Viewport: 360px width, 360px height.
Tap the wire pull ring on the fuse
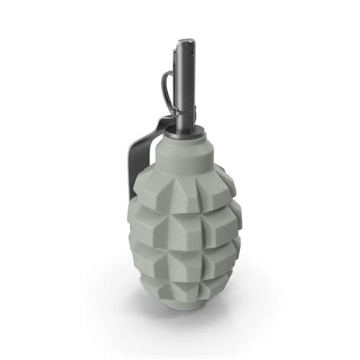click(x=166, y=84)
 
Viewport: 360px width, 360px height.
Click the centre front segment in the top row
click(x=182, y=194)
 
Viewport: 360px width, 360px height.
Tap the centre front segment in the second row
click(x=185, y=228)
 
